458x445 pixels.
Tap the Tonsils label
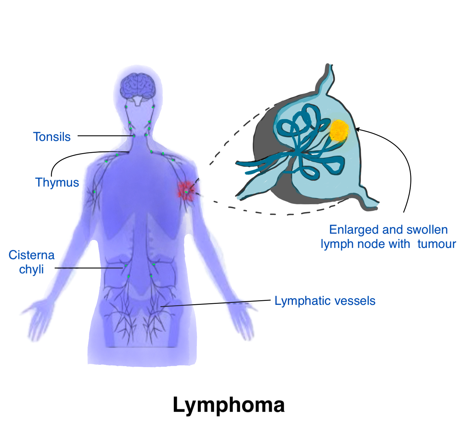click(x=52, y=137)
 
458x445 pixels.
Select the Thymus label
click(x=57, y=183)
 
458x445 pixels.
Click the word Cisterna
click(x=32, y=255)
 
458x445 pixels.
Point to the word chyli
click(x=31, y=269)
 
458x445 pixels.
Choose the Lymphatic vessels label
click(x=325, y=301)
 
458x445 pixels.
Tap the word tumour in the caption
click(x=437, y=244)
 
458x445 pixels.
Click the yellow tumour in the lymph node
click(x=338, y=131)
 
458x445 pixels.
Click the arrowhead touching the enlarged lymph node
click(x=358, y=129)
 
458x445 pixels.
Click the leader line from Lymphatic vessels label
click(x=216, y=304)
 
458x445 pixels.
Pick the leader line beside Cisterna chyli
click(x=89, y=268)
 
